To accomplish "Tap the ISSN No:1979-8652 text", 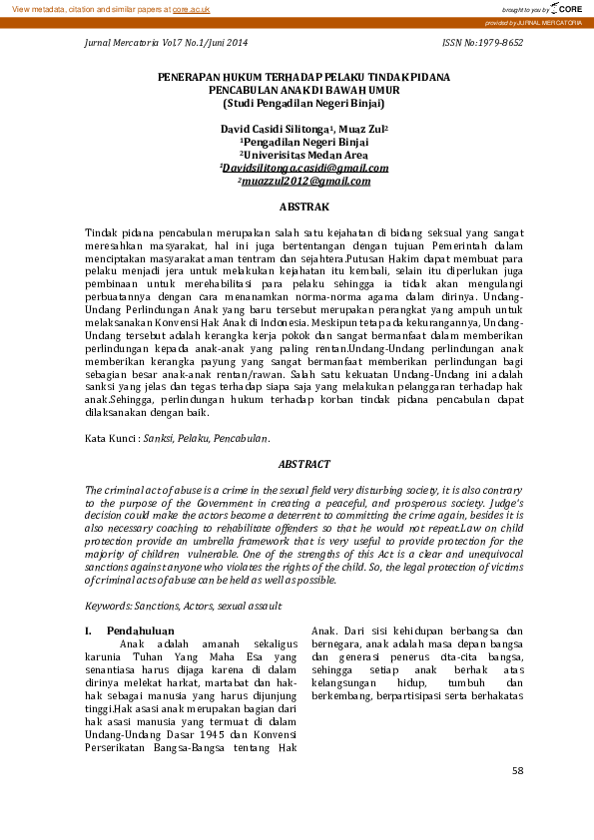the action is (x=482, y=44).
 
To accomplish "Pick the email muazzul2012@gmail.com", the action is (x=304, y=181).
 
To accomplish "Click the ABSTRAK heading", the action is (x=303, y=207).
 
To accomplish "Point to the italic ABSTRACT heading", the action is (x=303, y=464).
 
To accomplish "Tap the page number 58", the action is (x=516, y=771).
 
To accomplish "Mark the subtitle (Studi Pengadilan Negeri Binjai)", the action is (x=303, y=102).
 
